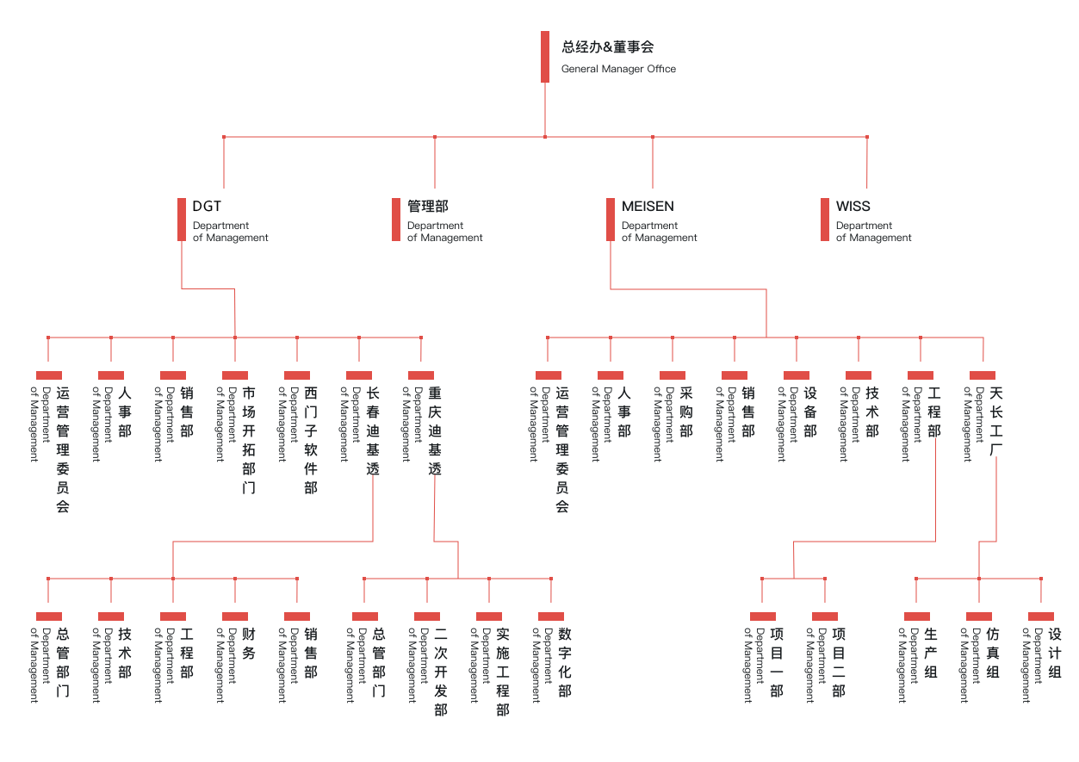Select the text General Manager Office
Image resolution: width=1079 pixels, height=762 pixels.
click(x=617, y=69)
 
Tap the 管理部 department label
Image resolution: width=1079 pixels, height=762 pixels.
click(x=427, y=207)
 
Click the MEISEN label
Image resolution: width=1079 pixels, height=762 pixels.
click(x=648, y=207)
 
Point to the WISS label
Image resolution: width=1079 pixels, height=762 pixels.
click(x=853, y=207)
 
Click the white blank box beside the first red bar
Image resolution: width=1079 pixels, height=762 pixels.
click(x=208, y=206)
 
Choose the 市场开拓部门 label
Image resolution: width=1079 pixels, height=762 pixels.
click(x=249, y=440)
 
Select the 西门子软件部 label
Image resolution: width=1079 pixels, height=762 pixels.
click(x=311, y=440)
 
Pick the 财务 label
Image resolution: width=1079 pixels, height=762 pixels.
click(x=249, y=643)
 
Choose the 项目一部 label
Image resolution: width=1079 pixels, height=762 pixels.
click(x=777, y=661)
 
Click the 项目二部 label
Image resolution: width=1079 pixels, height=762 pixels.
click(x=839, y=661)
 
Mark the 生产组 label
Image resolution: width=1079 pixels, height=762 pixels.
click(x=931, y=653)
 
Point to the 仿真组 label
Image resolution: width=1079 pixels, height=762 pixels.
click(x=993, y=653)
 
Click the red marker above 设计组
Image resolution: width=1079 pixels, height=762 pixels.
click(x=1041, y=616)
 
